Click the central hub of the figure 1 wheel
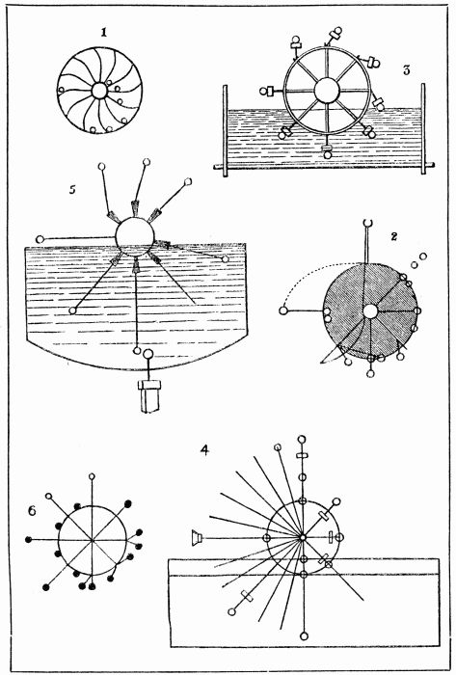coord(99,91)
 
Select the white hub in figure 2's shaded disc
coord(370,310)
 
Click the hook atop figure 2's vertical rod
coord(366,226)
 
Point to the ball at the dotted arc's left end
coord(284,310)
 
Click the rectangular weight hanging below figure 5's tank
coord(150,395)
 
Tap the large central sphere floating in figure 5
coord(134,235)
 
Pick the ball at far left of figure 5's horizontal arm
coord(40,239)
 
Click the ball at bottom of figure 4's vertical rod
coord(304,634)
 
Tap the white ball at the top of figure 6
coord(92,477)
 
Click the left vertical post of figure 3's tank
coord(225,127)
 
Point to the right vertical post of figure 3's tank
coord(422,126)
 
